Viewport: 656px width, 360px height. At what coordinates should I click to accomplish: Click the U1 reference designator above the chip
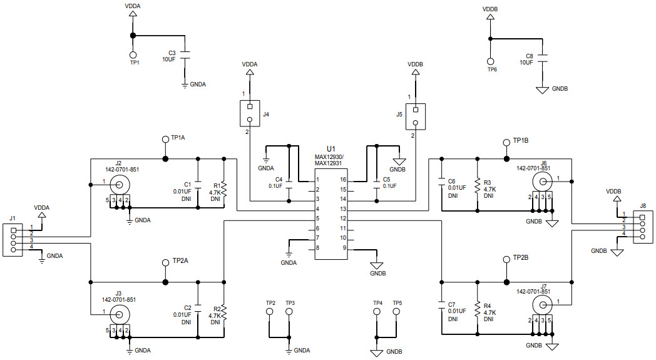(331, 148)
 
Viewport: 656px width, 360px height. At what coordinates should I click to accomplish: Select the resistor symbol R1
(223, 188)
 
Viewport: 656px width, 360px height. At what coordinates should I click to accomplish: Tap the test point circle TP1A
(165, 139)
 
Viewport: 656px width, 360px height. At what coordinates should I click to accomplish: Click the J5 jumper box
(414, 114)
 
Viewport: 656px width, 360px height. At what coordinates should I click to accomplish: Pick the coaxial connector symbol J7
(542, 304)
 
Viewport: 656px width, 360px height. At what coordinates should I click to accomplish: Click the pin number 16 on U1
(343, 180)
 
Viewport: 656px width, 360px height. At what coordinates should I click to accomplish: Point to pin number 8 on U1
(318, 248)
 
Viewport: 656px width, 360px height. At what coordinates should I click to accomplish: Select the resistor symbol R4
(477, 309)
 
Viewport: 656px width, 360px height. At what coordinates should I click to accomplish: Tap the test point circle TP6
(491, 61)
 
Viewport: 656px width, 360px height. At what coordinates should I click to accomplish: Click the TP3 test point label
(290, 303)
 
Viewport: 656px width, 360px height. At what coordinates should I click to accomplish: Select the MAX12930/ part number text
(331, 157)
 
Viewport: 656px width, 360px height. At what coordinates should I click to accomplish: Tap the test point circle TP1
(133, 55)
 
